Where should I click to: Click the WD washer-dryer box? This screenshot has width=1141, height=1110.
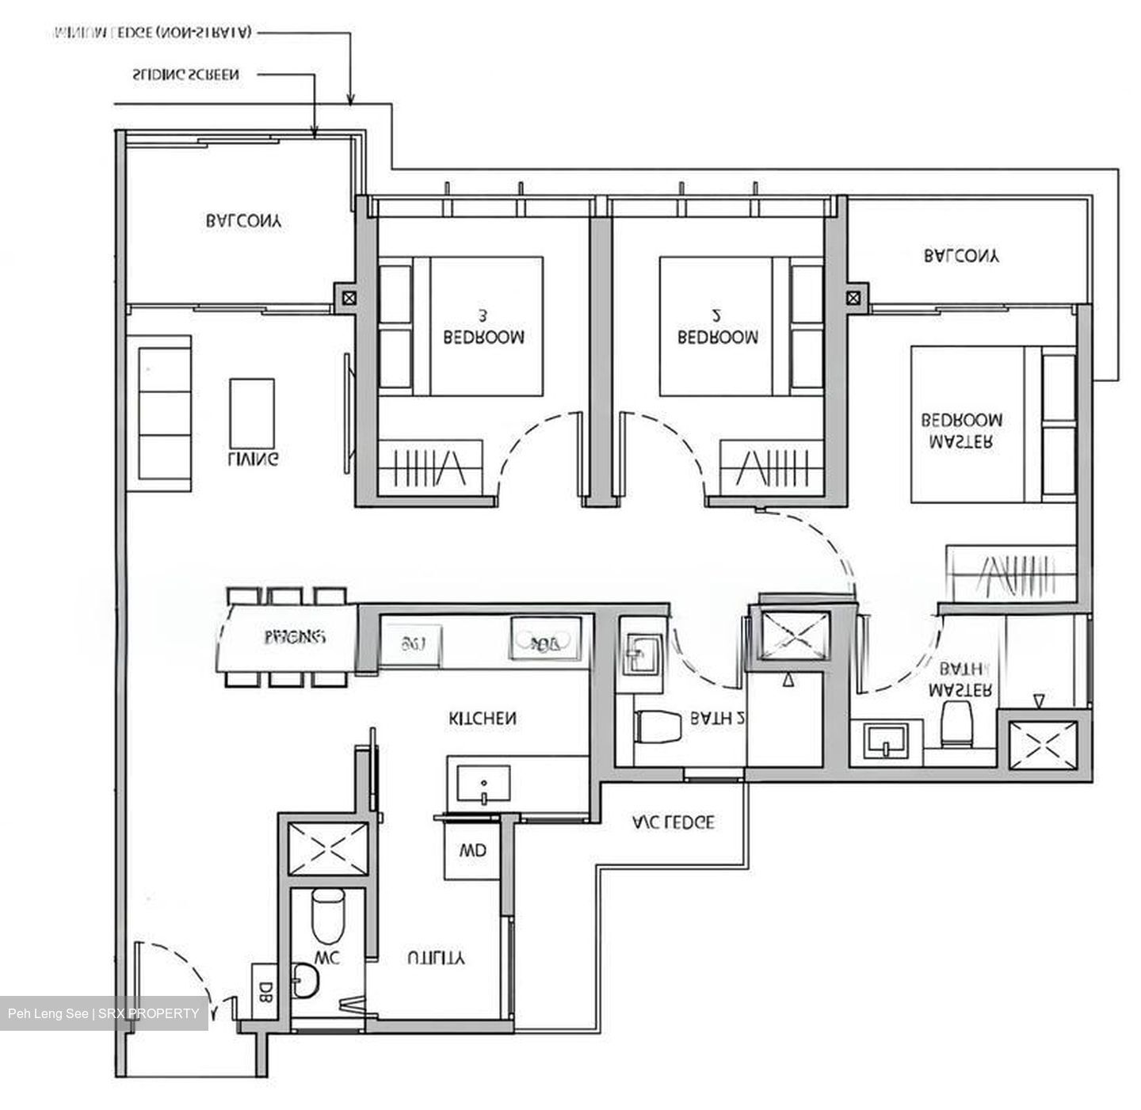tap(472, 851)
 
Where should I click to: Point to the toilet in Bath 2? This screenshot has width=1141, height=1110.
tap(658, 727)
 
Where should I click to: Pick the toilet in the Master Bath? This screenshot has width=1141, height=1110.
tap(957, 723)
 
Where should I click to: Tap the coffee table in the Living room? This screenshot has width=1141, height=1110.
tap(253, 412)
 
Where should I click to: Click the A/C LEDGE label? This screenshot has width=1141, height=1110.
tap(674, 822)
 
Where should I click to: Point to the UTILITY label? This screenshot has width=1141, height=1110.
tap(436, 958)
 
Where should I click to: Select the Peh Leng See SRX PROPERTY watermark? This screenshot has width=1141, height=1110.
tap(104, 1013)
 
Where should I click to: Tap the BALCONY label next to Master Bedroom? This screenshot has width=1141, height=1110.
tap(962, 256)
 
